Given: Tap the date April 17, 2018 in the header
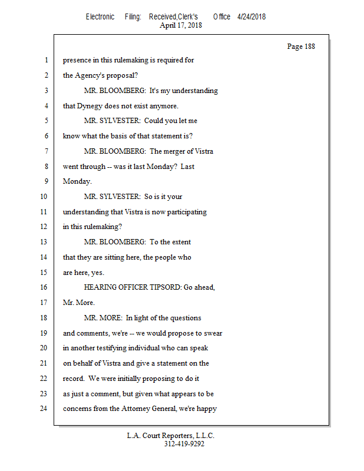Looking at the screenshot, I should pos(181,25).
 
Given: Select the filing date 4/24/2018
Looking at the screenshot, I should pos(252,16).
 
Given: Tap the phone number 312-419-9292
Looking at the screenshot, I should pos(184,444).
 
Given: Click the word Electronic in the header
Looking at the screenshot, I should pos(100,16).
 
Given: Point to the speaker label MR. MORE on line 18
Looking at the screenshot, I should pos(103,318).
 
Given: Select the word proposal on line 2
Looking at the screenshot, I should pos(124,75).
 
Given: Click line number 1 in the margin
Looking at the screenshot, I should pos(45,60).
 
